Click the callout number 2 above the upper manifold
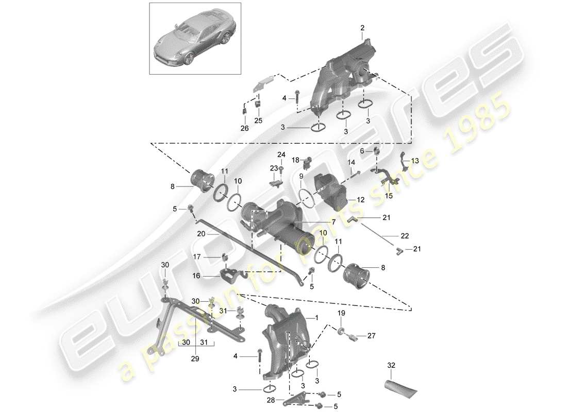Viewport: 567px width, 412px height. pyautogui.click(x=362, y=27)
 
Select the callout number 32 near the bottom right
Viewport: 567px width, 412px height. pyautogui.click(x=392, y=366)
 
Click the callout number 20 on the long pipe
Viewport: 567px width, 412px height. pyautogui.click(x=201, y=233)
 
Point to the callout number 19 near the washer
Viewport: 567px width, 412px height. pyautogui.click(x=341, y=313)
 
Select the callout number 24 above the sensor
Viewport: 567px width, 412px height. pyautogui.click(x=281, y=154)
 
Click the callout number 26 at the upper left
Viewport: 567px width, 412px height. pyautogui.click(x=244, y=128)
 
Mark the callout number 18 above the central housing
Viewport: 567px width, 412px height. pyautogui.click(x=296, y=160)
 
